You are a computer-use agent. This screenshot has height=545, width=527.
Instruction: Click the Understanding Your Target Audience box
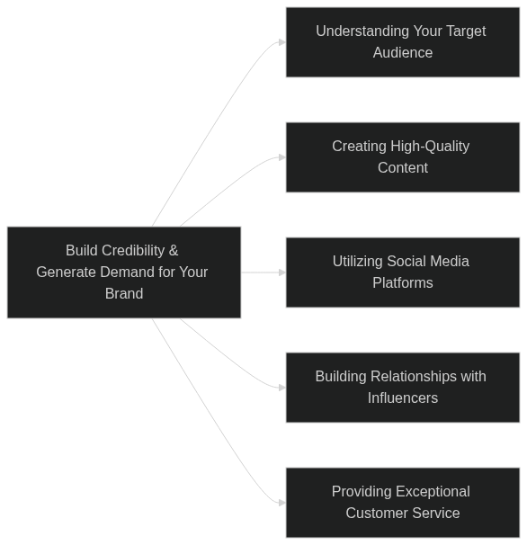[x=403, y=42]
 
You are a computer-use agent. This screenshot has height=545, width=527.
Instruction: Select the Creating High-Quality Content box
[x=403, y=157]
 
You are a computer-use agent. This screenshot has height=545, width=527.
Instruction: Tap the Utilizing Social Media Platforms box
[x=403, y=272]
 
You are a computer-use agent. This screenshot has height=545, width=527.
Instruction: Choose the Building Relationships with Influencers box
[x=403, y=388]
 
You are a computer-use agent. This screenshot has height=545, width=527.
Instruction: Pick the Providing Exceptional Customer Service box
[x=403, y=503]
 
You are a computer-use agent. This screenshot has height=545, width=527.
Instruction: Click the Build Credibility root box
[x=124, y=272]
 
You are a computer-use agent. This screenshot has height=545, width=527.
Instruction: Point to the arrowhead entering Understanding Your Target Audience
[x=282, y=42]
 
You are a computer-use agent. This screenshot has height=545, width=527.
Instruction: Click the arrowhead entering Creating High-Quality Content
[x=282, y=157]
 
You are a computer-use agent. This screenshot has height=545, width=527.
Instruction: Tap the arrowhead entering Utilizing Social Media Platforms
[x=282, y=272]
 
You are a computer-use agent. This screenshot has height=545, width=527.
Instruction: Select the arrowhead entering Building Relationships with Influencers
[x=282, y=388]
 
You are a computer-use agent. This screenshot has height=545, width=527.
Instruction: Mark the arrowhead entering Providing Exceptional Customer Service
[x=282, y=503]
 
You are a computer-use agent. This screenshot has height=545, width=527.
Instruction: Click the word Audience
[x=403, y=53]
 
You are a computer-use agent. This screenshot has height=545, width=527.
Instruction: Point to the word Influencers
[x=403, y=398]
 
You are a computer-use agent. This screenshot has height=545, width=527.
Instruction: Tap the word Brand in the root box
[x=124, y=294]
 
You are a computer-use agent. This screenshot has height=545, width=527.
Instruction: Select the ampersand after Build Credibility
[x=174, y=251]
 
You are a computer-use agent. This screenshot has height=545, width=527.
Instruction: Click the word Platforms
[x=403, y=283]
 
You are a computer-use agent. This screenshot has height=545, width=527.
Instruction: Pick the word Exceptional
[x=433, y=492]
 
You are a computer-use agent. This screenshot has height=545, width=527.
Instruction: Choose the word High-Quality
[x=430, y=147]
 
